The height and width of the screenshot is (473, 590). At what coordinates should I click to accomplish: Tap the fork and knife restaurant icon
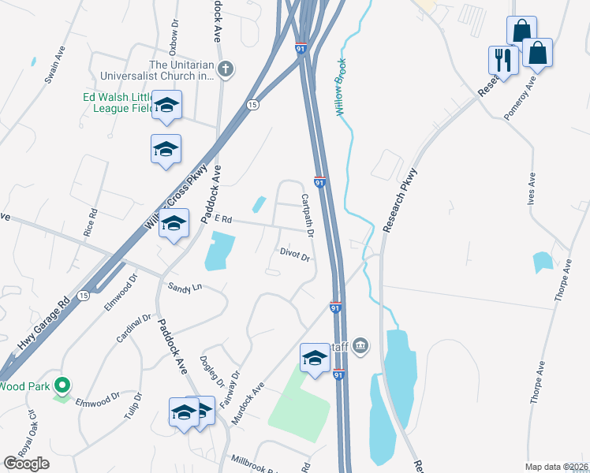point(502,59)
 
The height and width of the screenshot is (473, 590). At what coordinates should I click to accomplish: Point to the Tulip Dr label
point(132,405)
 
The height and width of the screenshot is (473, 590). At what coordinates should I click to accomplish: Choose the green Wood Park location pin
point(62,385)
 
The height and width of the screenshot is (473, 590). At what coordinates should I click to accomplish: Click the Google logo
point(26,464)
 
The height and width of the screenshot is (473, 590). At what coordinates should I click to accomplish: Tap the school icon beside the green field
point(315,359)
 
